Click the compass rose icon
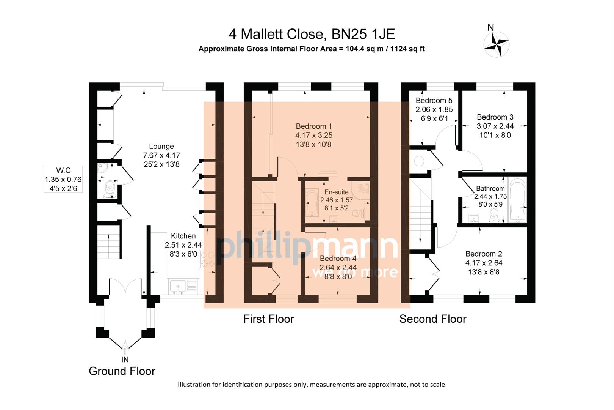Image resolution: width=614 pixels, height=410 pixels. [x=497, y=44]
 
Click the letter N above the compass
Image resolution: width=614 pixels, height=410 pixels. [x=490, y=27]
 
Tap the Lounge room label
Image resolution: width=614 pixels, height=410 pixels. [x=161, y=146]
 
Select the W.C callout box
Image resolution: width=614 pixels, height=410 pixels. [x=63, y=179]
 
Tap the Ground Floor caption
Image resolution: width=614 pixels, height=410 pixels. [x=122, y=371]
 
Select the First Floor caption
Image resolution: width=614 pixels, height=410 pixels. [x=268, y=319]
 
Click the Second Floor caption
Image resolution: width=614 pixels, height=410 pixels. [x=432, y=319]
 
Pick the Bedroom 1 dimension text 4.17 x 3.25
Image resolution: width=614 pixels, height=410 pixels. [x=314, y=135]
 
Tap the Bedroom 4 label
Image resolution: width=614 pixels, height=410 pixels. [x=338, y=259]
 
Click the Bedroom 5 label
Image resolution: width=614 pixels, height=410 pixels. [x=434, y=101]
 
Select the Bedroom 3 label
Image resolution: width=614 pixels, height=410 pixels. [x=495, y=117]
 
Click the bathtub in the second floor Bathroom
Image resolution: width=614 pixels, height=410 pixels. [x=517, y=201]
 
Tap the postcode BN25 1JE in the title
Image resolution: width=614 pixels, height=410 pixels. [x=363, y=34]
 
